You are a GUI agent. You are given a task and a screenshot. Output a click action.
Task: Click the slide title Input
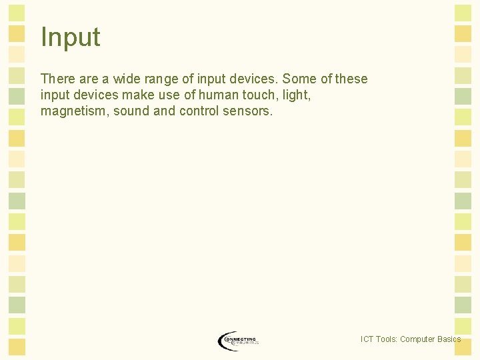(x=70, y=37)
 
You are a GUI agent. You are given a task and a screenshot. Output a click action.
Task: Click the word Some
(x=300, y=79)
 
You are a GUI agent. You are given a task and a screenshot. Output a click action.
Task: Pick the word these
(x=351, y=79)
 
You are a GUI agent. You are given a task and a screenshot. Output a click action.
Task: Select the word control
(x=199, y=111)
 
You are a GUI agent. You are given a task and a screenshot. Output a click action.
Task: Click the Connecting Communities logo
(x=238, y=341)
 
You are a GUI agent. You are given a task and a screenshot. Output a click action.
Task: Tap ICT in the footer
(x=367, y=339)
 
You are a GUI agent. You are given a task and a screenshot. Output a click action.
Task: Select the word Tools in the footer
(x=387, y=339)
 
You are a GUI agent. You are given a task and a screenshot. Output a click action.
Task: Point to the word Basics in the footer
(x=449, y=339)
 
